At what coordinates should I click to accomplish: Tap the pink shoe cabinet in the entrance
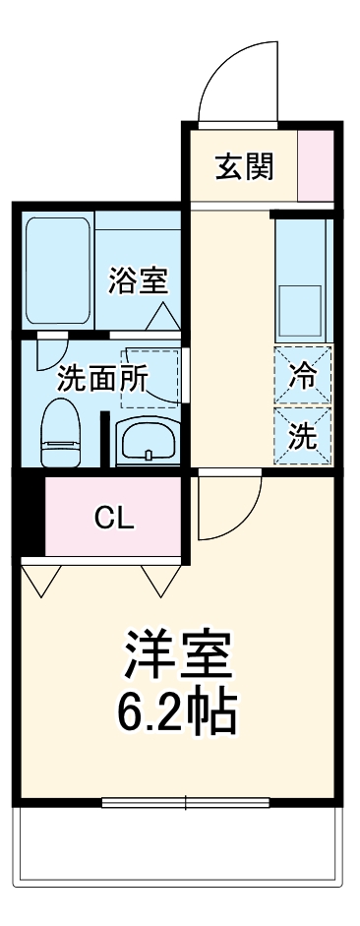(316, 164)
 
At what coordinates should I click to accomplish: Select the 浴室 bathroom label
(138, 281)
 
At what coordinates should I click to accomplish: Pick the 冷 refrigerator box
(303, 375)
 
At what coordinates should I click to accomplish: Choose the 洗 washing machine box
(303, 432)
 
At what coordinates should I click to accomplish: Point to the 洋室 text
(179, 653)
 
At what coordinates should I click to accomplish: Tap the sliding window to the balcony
(186, 801)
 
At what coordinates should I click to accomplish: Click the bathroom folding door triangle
(160, 318)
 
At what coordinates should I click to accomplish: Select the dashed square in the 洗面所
(150, 377)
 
